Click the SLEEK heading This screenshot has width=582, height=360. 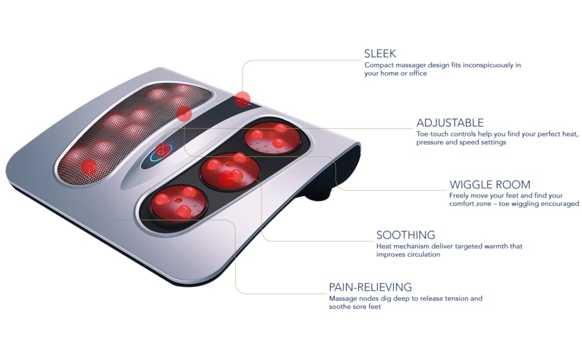point(380,53)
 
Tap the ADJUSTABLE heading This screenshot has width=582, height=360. point(449,123)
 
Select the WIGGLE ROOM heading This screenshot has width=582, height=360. point(490,185)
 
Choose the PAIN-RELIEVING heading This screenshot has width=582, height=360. point(370,287)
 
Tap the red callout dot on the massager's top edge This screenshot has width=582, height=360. point(243,99)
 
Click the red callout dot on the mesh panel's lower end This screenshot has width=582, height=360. point(89,167)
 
